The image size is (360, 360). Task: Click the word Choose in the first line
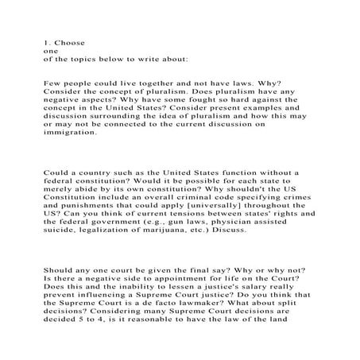click(x=70, y=41)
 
